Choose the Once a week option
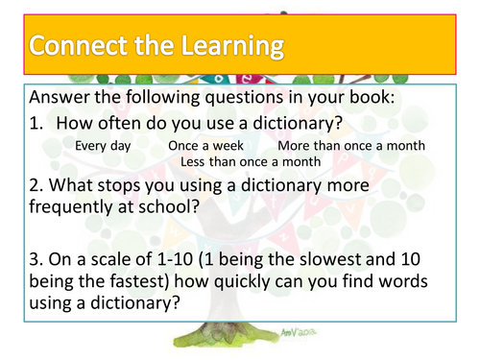tap(204, 145)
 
